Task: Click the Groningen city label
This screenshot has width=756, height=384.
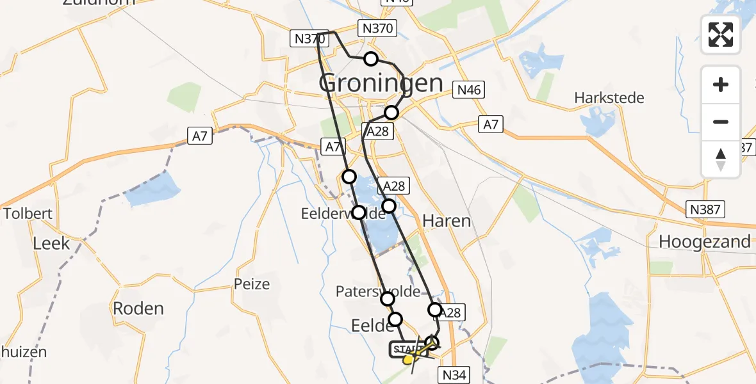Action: tap(381, 83)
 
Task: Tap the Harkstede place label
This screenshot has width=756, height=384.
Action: tap(609, 98)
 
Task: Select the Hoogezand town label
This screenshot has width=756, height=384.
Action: tap(705, 241)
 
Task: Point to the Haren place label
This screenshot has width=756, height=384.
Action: tap(447, 221)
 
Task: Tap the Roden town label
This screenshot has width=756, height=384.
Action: tap(138, 308)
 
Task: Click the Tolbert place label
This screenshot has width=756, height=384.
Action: tap(28, 213)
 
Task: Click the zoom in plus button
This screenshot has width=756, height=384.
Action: tap(721, 84)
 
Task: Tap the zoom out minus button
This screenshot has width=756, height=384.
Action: tap(721, 122)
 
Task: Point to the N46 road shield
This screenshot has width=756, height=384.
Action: tap(468, 90)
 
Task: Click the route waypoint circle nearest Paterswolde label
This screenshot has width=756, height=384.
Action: tap(388, 299)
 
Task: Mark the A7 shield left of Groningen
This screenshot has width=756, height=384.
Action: tap(200, 135)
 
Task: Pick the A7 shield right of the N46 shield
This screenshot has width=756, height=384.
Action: tap(491, 124)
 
